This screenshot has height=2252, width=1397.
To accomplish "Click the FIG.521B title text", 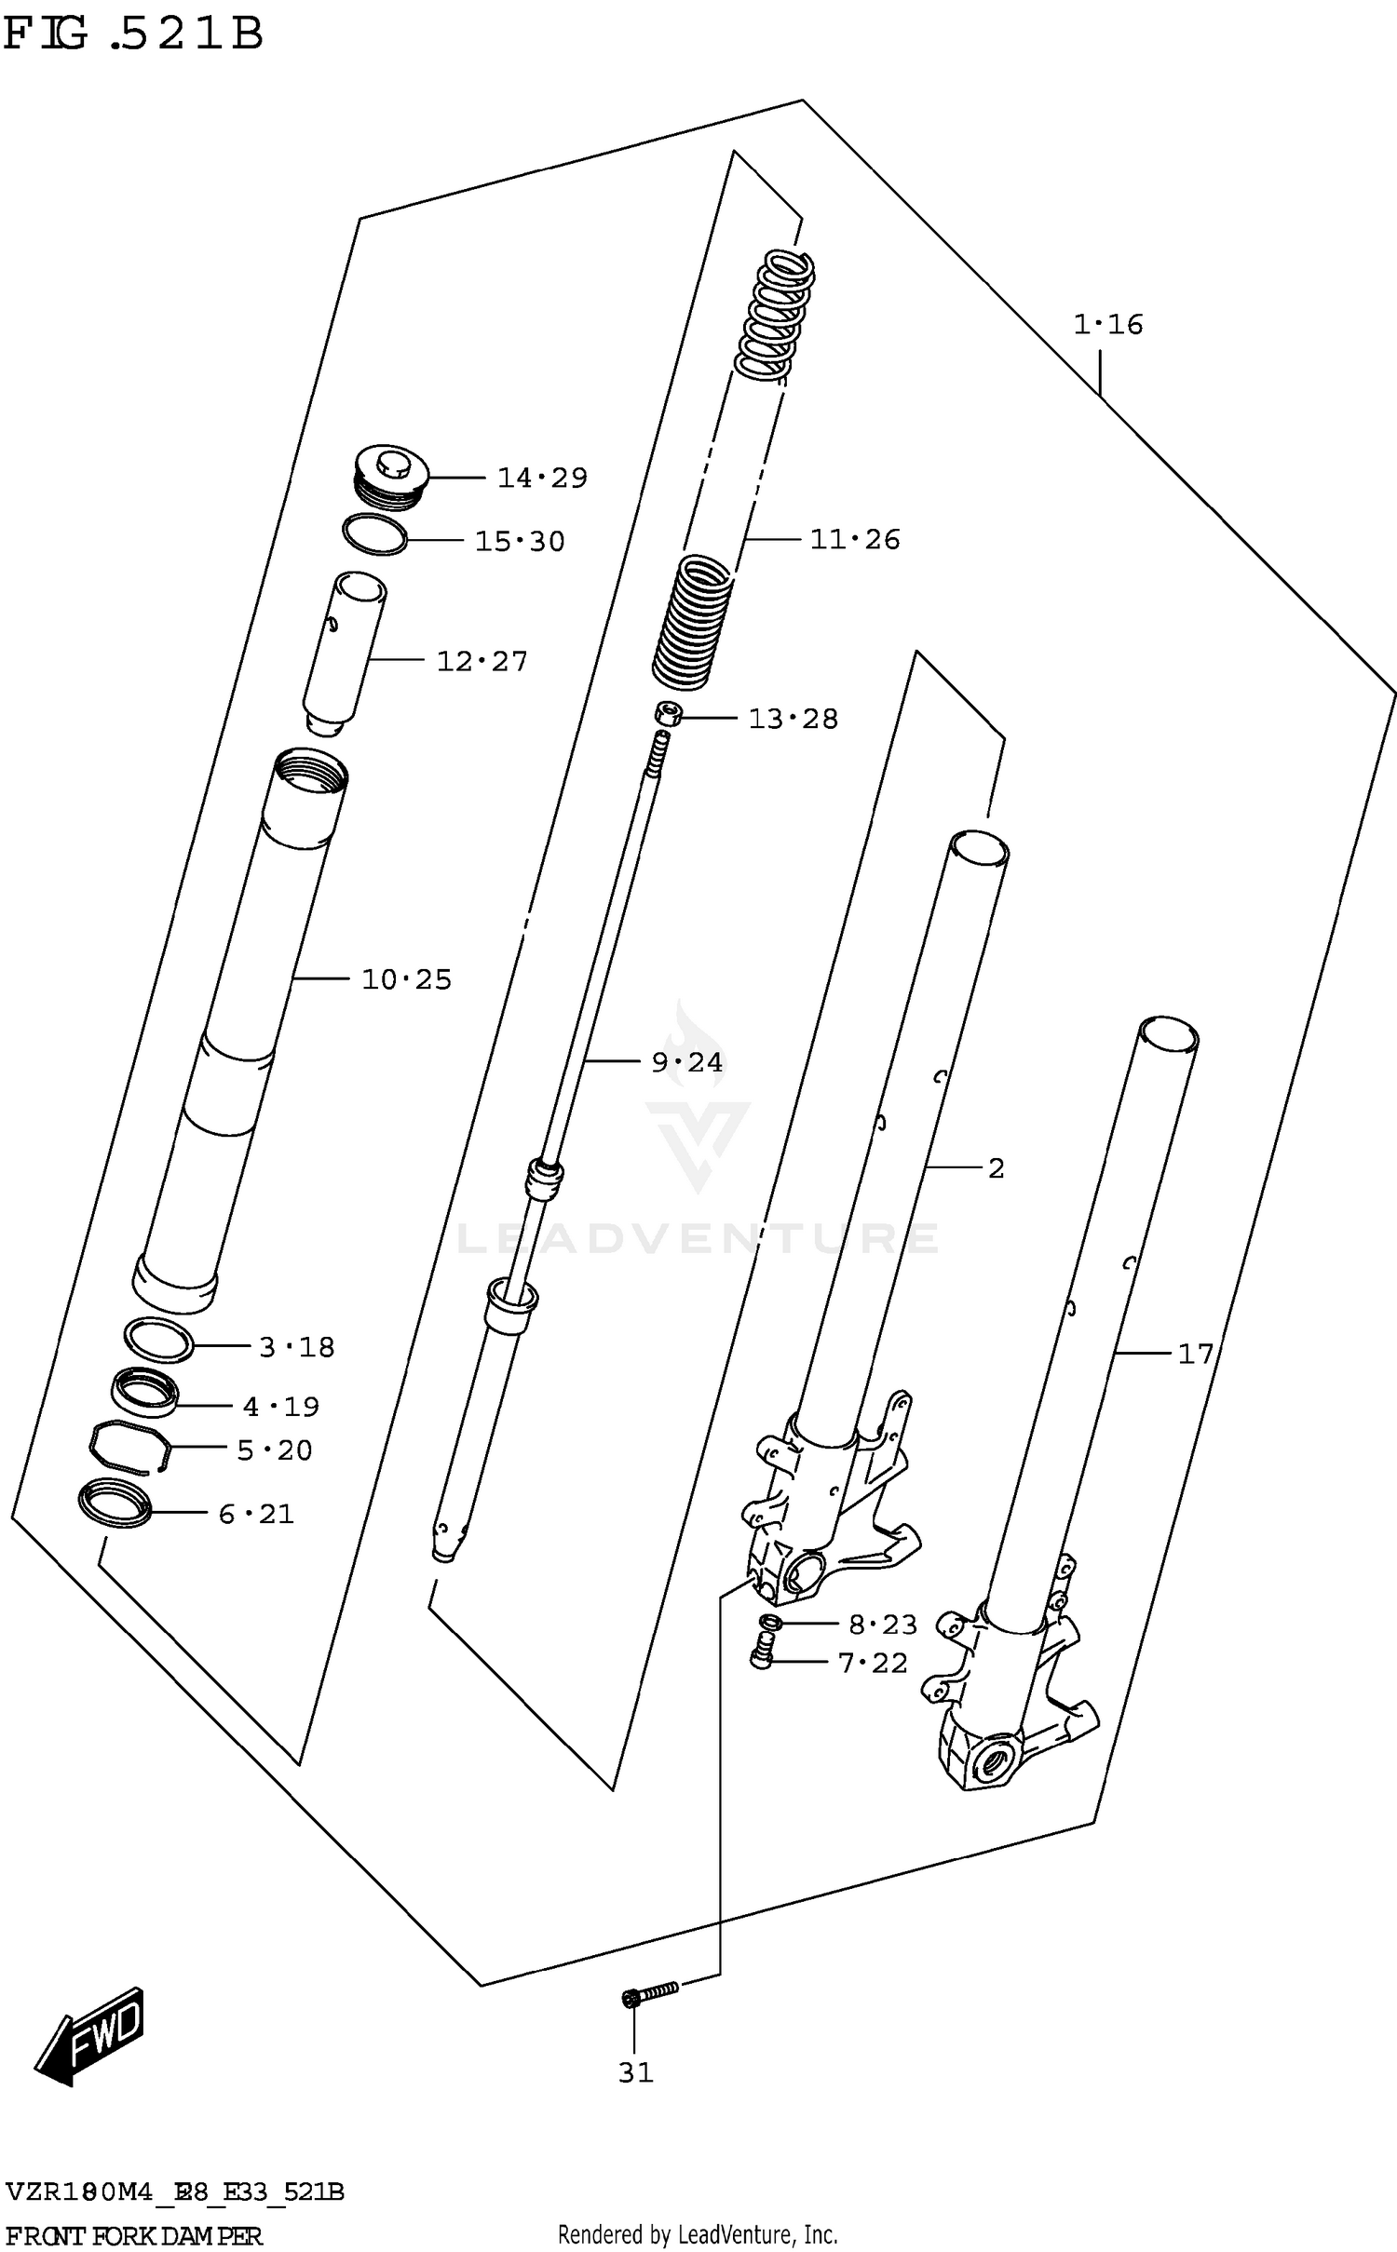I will tap(133, 34).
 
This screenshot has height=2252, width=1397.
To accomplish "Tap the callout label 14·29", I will tap(542, 479).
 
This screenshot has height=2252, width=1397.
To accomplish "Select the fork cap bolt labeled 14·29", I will tap(392, 478).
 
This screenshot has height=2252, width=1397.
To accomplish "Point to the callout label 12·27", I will tap(481, 662).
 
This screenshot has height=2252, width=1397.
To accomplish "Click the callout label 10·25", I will tap(406, 979).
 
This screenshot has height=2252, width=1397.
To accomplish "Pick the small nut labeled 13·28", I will tap(667, 715).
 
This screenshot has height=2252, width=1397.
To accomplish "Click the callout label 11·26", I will tap(854, 540).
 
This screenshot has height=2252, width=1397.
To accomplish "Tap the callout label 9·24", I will tap(686, 1062).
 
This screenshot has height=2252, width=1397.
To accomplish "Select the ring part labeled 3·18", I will tap(158, 1340).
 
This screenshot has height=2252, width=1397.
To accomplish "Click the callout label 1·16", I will tap(1107, 325).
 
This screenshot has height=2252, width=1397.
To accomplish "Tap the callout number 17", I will tap(1196, 1354).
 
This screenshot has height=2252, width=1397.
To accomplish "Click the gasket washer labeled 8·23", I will tap(768, 1623).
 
